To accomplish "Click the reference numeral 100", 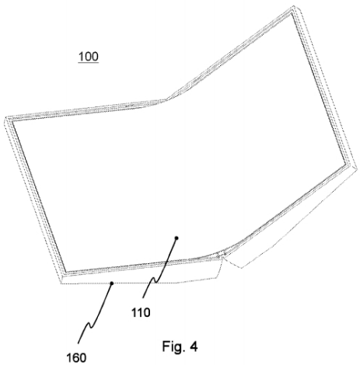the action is (89, 57).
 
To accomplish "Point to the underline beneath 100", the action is (89, 63).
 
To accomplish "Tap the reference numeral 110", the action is (141, 313).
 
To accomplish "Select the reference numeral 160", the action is (76, 358).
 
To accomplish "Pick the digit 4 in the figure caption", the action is (194, 346).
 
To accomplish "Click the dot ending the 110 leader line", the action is (177, 238).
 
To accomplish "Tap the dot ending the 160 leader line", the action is (112, 283).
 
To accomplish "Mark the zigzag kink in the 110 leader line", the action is (154, 280).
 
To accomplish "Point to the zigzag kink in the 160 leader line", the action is (89, 325).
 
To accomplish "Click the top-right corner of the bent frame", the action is (294, 6).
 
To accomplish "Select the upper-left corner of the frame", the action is (6, 117).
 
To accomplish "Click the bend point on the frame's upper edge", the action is (166, 99).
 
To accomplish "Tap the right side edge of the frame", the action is (324, 87).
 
